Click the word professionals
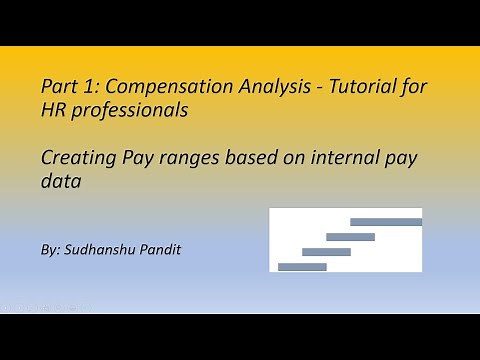pyautogui.click(x=128, y=113)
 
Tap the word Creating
pyautogui.click(x=76, y=155)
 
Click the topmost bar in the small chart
pyautogui.click(x=386, y=222)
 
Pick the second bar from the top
pyautogui.click(x=350, y=237)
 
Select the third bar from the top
pyautogui.click(x=326, y=252)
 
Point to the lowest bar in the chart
pyautogui.click(x=302, y=267)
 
